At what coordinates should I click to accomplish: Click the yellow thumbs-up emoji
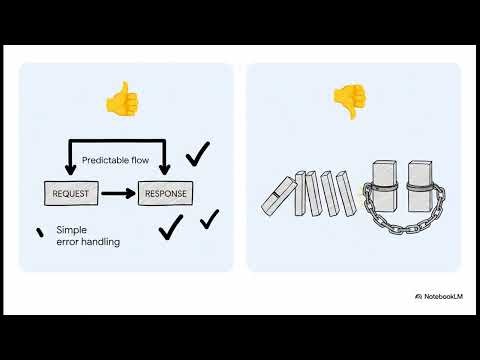(x=122, y=99)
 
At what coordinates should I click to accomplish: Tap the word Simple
(x=73, y=229)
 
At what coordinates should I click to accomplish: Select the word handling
(x=98, y=241)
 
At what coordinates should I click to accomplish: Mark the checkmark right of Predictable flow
(x=198, y=153)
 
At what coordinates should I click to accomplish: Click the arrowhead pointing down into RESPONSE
(x=166, y=171)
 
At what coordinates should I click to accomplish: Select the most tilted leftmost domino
(x=279, y=196)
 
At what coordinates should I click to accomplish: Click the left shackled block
(x=387, y=188)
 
